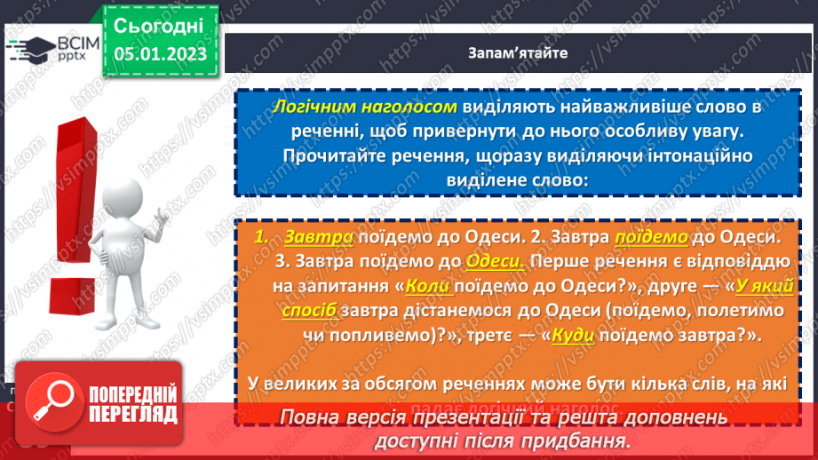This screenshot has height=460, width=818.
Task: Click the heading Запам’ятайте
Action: click(x=518, y=52)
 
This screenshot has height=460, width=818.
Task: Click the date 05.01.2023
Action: click(x=161, y=54)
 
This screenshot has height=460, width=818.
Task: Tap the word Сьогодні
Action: click(x=160, y=24)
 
